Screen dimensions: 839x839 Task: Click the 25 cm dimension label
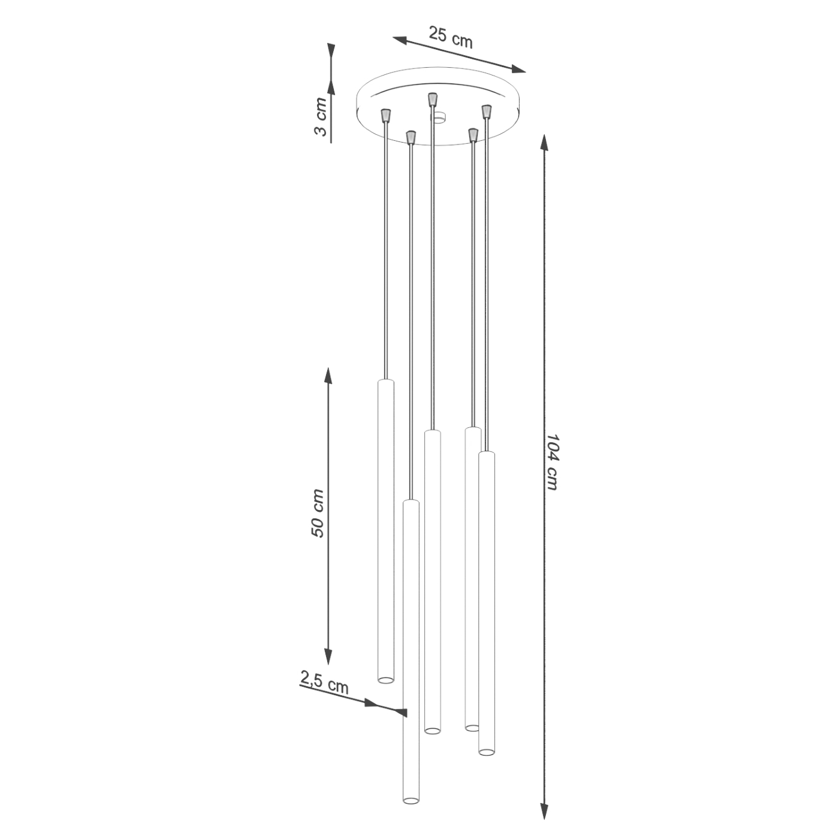click(451, 37)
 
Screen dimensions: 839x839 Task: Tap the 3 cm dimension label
click(321, 117)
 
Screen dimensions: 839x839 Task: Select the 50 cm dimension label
click(318, 514)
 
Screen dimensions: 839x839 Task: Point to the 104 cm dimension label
click(552, 462)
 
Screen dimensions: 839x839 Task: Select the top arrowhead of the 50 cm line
click(328, 376)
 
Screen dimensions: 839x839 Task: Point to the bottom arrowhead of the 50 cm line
click(328, 657)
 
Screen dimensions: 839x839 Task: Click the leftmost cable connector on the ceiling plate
click(386, 114)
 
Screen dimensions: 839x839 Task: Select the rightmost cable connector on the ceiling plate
click(487, 110)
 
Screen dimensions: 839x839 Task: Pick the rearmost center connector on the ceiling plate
click(432, 99)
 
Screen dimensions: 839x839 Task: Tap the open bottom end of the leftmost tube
click(386, 680)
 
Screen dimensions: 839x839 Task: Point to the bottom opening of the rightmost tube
click(487, 751)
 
